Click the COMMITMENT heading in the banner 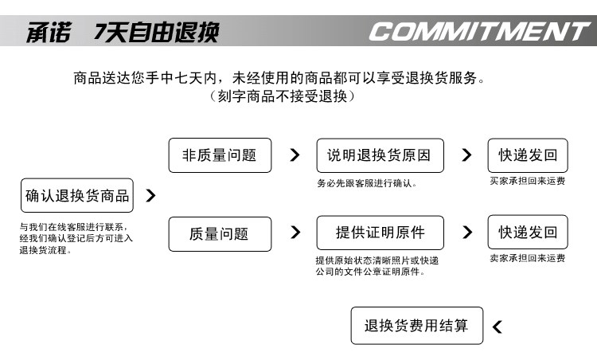[x=478, y=32]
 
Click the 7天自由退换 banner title [x=156, y=33]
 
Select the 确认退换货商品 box [x=77, y=196]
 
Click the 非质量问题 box [x=220, y=155]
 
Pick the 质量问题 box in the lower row [x=220, y=234]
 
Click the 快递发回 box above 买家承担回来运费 [x=528, y=155]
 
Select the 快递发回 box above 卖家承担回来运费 [x=528, y=233]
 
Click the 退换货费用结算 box [x=416, y=326]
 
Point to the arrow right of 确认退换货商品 [x=151, y=195]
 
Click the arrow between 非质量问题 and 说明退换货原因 [x=295, y=155]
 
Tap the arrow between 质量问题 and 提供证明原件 [x=295, y=233]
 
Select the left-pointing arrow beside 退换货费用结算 [x=497, y=326]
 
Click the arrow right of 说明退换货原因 [x=466, y=155]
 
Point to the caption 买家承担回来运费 [x=527, y=182]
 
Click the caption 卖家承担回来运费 [x=527, y=258]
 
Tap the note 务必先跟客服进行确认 [x=365, y=184]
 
